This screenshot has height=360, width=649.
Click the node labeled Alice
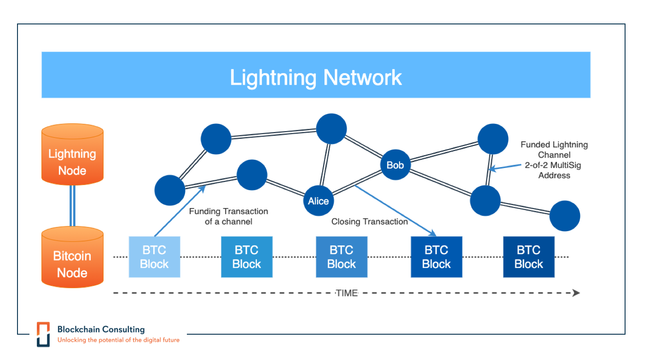(319, 201)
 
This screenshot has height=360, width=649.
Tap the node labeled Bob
(395, 165)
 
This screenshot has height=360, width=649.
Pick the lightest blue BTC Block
(154, 257)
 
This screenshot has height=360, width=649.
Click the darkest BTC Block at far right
(528, 257)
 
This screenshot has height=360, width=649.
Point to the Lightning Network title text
(316, 77)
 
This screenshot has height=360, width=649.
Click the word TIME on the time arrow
(347, 293)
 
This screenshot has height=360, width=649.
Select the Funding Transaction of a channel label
(228, 216)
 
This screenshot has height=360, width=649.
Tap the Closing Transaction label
(370, 221)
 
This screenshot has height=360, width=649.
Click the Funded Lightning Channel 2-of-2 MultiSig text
(554, 160)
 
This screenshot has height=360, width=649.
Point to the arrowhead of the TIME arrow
(576, 293)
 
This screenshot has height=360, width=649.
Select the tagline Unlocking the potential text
(118, 340)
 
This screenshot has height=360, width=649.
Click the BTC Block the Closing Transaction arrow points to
(436, 257)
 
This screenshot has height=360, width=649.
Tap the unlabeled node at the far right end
(564, 216)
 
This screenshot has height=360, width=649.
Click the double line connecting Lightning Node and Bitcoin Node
(72, 206)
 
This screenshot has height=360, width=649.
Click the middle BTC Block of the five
(342, 257)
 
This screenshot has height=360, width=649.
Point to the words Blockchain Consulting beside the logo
(101, 329)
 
